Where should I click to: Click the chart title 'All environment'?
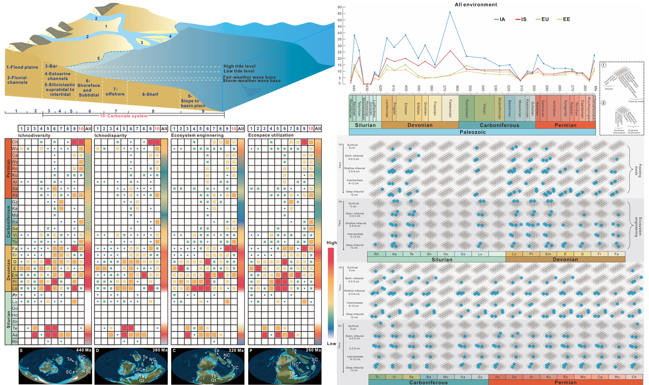click(x=476, y=5)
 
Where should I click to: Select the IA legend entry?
click(x=500, y=19)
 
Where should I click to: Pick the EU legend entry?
click(x=543, y=19)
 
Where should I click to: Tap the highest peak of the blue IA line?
click(x=450, y=12)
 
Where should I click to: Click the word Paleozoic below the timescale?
click(x=472, y=132)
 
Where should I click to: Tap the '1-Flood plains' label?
click(x=22, y=67)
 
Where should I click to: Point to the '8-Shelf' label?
click(x=150, y=95)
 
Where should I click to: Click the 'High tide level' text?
click(x=239, y=66)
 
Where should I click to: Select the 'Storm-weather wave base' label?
click(x=252, y=81)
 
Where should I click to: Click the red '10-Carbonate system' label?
click(x=124, y=116)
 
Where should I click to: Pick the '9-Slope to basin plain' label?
click(x=193, y=101)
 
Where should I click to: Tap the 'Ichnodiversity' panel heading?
click(x=34, y=135)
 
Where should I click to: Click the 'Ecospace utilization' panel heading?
click(x=271, y=135)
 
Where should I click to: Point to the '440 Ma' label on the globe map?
click(x=84, y=350)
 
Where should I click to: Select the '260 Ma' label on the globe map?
click(x=313, y=350)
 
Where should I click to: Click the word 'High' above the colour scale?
click(x=332, y=243)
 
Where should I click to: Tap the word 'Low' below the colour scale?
click(x=331, y=344)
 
